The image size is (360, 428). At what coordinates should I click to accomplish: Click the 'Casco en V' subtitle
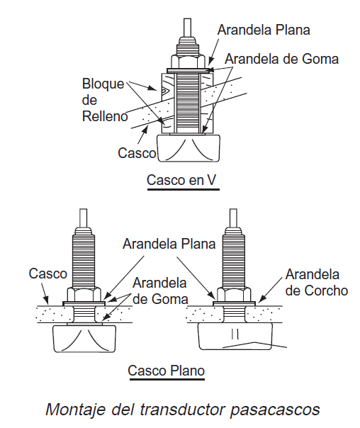point(181,180)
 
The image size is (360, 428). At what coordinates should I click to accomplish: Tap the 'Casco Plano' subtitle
point(167,371)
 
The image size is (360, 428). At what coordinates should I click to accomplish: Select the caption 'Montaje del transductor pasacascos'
point(183,410)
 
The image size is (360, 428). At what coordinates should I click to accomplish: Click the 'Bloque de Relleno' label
point(105,100)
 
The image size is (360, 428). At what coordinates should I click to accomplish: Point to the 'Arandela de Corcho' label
point(317,282)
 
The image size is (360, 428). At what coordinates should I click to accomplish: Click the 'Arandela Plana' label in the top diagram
point(264,30)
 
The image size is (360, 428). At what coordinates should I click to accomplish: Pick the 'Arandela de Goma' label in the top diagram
point(281,59)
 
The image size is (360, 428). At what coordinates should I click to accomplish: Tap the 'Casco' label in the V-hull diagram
point(137,152)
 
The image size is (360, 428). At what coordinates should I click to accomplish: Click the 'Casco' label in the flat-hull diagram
point(47,274)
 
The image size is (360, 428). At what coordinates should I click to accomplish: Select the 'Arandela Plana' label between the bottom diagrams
point(169,244)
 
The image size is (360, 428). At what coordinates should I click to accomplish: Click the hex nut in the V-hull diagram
point(188,62)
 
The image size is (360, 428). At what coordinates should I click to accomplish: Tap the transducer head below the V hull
point(188,148)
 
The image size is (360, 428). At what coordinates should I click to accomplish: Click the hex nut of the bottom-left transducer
point(84,294)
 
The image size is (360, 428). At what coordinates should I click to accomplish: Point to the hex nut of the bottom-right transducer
point(234,294)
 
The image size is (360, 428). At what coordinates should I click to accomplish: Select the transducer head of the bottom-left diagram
point(84,339)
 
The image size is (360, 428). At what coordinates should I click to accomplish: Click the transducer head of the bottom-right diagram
point(235,336)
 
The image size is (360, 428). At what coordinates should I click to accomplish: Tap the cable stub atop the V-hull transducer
point(188,28)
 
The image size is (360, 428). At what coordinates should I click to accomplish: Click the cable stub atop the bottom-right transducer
point(233,218)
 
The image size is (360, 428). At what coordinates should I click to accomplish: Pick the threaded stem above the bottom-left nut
point(84,258)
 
